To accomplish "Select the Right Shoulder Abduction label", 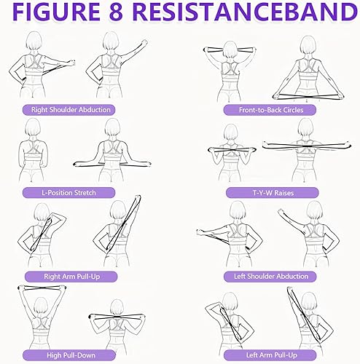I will pos(71,110).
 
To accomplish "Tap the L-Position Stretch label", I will pos(71,193).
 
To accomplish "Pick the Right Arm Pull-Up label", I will pos(71,277).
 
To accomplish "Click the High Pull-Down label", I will pos(71,355).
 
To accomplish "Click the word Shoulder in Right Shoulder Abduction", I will pos(69,110).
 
